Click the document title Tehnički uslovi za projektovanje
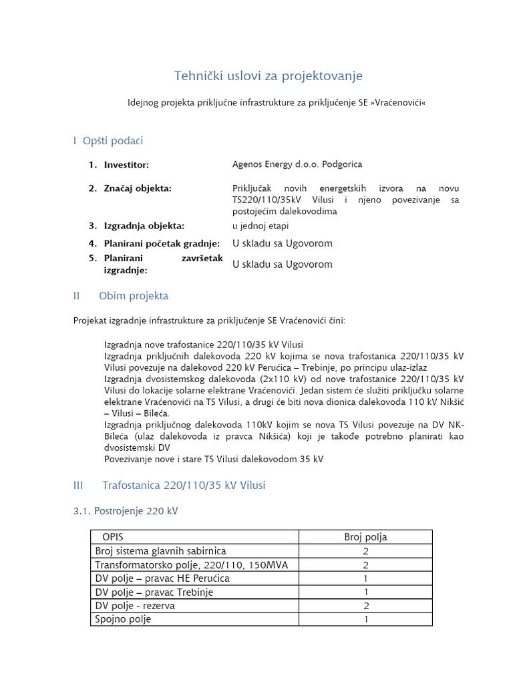[x=269, y=76]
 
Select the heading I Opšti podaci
[x=108, y=141]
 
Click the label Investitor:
[x=126, y=165]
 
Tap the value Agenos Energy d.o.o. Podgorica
[x=297, y=165]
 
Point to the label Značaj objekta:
[x=138, y=189]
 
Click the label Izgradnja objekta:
[x=144, y=226]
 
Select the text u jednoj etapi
[x=261, y=226]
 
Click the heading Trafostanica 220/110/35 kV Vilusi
[x=184, y=486]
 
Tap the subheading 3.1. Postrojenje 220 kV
[x=126, y=512]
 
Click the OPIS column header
[x=113, y=537]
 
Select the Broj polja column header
[x=365, y=537]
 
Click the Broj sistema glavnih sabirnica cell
[x=161, y=551]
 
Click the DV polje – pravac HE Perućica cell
[x=162, y=578]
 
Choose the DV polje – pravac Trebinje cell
[x=154, y=592]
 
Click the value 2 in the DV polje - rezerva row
[x=365, y=606]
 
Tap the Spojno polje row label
[x=124, y=619]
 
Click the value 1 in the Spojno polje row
[x=365, y=619]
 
